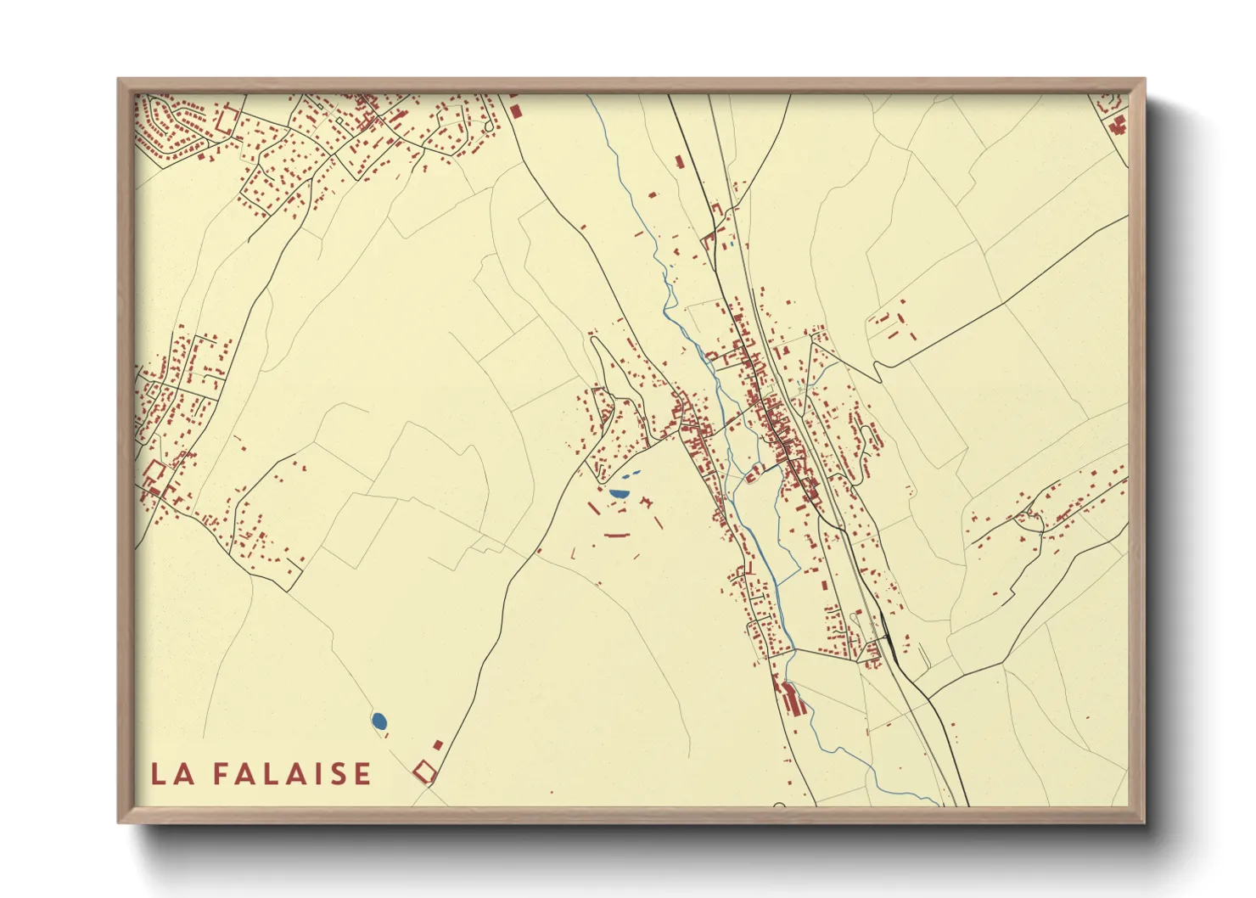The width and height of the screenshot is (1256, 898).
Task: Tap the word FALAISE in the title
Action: click(x=291, y=774)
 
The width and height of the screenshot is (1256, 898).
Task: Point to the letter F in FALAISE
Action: click(x=219, y=774)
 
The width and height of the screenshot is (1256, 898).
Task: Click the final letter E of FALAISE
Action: click(x=362, y=774)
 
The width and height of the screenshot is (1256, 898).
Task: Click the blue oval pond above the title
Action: click(x=378, y=721)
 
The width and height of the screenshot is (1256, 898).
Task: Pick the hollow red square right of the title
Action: click(x=424, y=772)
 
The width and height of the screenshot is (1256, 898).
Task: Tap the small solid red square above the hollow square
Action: click(x=438, y=744)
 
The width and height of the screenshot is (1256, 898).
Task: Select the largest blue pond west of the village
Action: click(x=619, y=492)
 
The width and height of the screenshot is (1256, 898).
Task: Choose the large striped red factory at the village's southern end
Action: click(x=792, y=700)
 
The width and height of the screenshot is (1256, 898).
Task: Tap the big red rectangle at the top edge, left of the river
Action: click(x=515, y=110)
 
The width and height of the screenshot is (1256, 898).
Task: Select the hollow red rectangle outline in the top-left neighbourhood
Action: click(x=227, y=120)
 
